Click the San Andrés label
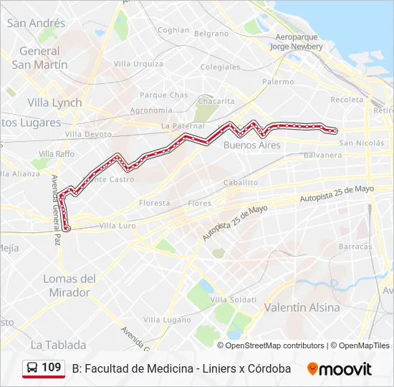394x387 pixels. (36, 23)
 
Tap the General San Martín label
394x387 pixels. (40, 58)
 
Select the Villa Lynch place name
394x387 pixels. (54, 102)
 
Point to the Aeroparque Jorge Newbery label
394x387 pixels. (297, 42)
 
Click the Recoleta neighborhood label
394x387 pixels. (347, 100)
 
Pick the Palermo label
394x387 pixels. (278, 82)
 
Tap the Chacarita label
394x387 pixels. (215, 101)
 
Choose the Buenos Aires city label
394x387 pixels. (251, 145)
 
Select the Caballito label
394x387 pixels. (241, 183)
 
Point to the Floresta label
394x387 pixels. (155, 203)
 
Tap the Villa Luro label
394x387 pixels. (117, 225)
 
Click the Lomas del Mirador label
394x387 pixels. (69, 285)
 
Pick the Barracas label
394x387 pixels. (355, 246)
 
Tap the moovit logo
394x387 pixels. (340, 369)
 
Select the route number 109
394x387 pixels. (51, 368)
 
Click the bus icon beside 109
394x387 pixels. (33, 368)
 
